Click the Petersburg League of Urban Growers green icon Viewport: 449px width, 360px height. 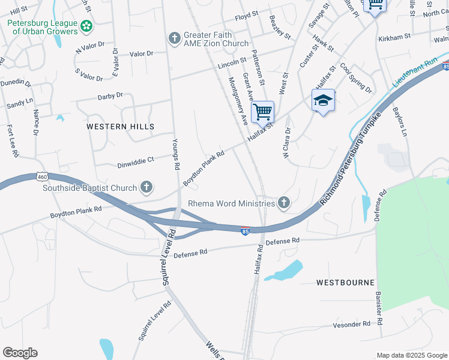click(87, 26)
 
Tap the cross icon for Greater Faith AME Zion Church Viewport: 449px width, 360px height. click(174, 38)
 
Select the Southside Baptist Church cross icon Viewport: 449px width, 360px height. click(146, 188)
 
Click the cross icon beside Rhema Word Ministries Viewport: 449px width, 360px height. click(284, 203)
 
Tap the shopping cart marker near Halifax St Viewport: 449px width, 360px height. click(262, 111)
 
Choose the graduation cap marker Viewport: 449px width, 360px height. click(323, 101)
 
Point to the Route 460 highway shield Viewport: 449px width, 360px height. click(41, 176)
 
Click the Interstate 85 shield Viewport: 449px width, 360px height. click(245, 232)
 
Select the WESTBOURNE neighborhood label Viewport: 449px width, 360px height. click(345, 282)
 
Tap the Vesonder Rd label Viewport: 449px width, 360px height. click(351, 325)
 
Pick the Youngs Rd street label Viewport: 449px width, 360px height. click(176, 155)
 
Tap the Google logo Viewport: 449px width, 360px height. click(20, 353)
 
